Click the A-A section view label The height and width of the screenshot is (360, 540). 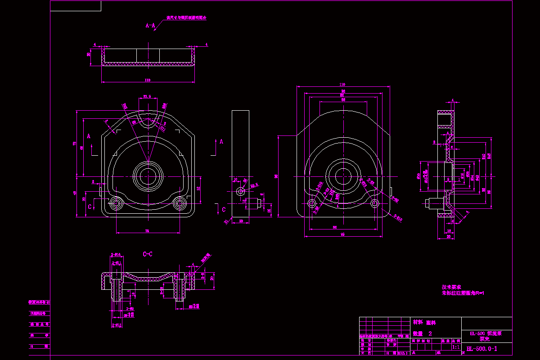(150, 26)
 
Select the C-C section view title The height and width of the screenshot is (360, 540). (148, 254)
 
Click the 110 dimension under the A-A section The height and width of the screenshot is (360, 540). (147, 80)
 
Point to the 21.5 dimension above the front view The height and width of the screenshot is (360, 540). (147, 96)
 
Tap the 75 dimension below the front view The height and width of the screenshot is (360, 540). (147, 230)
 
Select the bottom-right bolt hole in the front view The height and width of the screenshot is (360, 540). (180, 204)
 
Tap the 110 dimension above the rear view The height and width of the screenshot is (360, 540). (342, 85)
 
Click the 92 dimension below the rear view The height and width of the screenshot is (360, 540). (342, 234)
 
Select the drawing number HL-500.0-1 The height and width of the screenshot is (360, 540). (481, 349)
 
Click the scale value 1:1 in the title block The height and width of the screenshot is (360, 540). (455, 347)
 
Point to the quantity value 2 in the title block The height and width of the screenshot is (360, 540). (430, 333)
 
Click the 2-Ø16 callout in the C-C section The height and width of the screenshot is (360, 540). (116, 255)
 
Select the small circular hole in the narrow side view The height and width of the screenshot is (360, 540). (241, 191)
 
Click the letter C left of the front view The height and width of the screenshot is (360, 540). (90, 206)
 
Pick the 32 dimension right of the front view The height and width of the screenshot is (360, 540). (198, 189)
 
